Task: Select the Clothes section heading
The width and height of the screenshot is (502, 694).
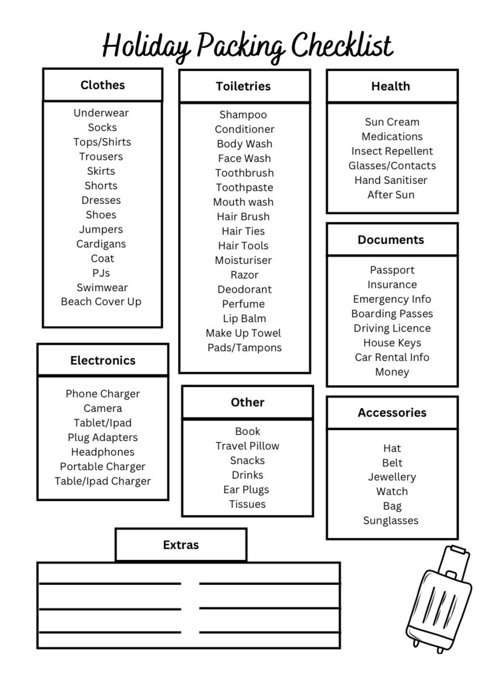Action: click(103, 85)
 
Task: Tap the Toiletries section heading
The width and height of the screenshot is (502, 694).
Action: click(243, 86)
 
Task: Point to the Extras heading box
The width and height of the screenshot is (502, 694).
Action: click(181, 545)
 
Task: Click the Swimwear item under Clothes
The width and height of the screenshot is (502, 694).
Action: click(102, 287)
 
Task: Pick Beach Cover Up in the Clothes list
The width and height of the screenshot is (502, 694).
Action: click(101, 301)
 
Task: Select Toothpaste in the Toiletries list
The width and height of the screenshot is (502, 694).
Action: click(244, 187)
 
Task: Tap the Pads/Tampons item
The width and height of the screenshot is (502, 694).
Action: click(244, 347)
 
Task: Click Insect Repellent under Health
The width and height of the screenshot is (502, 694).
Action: click(392, 151)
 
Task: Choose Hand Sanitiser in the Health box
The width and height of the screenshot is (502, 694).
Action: click(391, 180)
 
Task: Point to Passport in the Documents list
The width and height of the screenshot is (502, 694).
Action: click(392, 270)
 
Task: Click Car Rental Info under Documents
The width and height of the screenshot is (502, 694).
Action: click(392, 357)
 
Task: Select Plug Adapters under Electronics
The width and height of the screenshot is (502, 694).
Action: click(103, 437)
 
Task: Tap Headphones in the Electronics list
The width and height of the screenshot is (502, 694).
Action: click(103, 452)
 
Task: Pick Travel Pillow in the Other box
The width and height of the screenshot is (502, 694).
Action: click(247, 446)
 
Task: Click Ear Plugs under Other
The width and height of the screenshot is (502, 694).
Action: click(246, 489)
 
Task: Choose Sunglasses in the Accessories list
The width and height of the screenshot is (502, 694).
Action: click(390, 520)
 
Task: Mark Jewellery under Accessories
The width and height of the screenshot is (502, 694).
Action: click(392, 477)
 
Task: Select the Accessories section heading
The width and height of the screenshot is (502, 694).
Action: click(392, 413)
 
